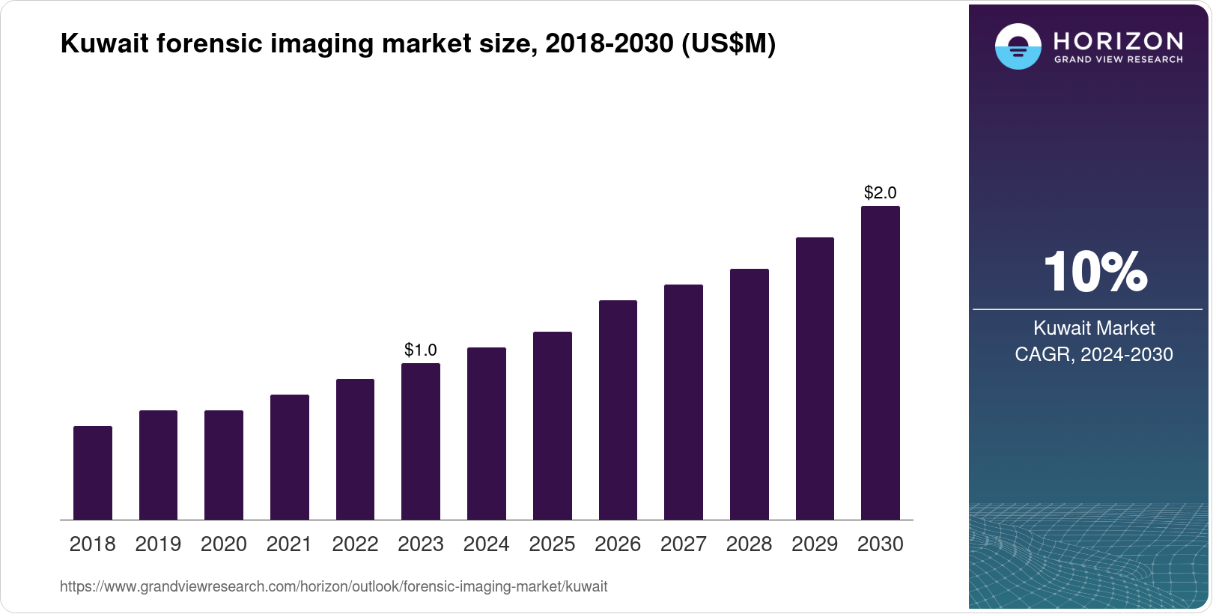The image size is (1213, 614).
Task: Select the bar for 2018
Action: pyautogui.click(x=93, y=473)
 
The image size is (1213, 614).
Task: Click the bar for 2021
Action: pyautogui.click(x=290, y=457)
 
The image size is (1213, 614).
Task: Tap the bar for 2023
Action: pyautogui.click(x=421, y=442)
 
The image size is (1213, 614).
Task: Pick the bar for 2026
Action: pyautogui.click(x=618, y=410)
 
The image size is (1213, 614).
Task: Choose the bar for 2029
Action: pyautogui.click(x=815, y=379)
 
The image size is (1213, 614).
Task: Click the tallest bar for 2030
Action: pyautogui.click(x=881, y=363)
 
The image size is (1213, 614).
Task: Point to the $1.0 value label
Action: pyautogui.click(x=421, y=350)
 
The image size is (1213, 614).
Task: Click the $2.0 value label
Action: pyautogui.click(x=881, y=192)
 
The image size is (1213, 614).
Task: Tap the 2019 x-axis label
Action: pyautogui.click(x=158, y=544)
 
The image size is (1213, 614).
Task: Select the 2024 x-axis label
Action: pyautogui.click(x=487, y=544)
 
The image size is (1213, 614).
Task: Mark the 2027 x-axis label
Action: pyautogui.click(x=684, y=544)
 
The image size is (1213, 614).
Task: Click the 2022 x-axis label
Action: pyautogui.click(x=355, y=544)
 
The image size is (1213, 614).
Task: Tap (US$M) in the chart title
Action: pyautogui.click(x=728, y=44)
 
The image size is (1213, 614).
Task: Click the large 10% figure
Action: pyautogui.click(x=1095, y=272)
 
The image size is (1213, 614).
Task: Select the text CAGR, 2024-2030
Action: pyautogui.click(x=1094, y=354)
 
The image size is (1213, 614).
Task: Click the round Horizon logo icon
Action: pyautogui.click(x=1018, y=47)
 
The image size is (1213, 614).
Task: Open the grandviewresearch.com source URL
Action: pyautogui.click(x=334, y=587)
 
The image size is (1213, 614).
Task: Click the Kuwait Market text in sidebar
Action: pyautogui.click(x=1094, y=328)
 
